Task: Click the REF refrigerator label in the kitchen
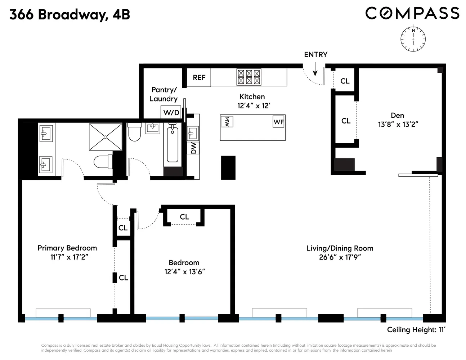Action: tap(199, 77)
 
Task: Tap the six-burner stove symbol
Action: tap(249, 77)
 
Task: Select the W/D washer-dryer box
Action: tap(171, 112)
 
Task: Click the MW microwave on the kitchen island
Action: tap(227, 122)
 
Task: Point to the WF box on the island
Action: tap(278, 122)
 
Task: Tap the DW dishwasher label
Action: tap(193, 148)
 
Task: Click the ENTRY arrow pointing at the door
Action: tap(315, 69)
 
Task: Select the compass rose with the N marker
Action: tap(413, 39)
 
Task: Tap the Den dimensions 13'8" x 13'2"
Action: tap(398, 125)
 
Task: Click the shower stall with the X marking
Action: tap(106, 137)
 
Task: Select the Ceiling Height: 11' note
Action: tap(416, 329)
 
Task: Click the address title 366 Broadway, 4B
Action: tap(70, 14)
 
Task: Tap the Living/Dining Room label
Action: tap(340, 248)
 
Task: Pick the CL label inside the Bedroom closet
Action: tap(184, 217)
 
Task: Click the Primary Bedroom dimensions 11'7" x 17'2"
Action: tap(69, 257)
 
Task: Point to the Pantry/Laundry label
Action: tap(163, 94)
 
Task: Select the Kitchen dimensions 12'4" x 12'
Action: tap(254, 106)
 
